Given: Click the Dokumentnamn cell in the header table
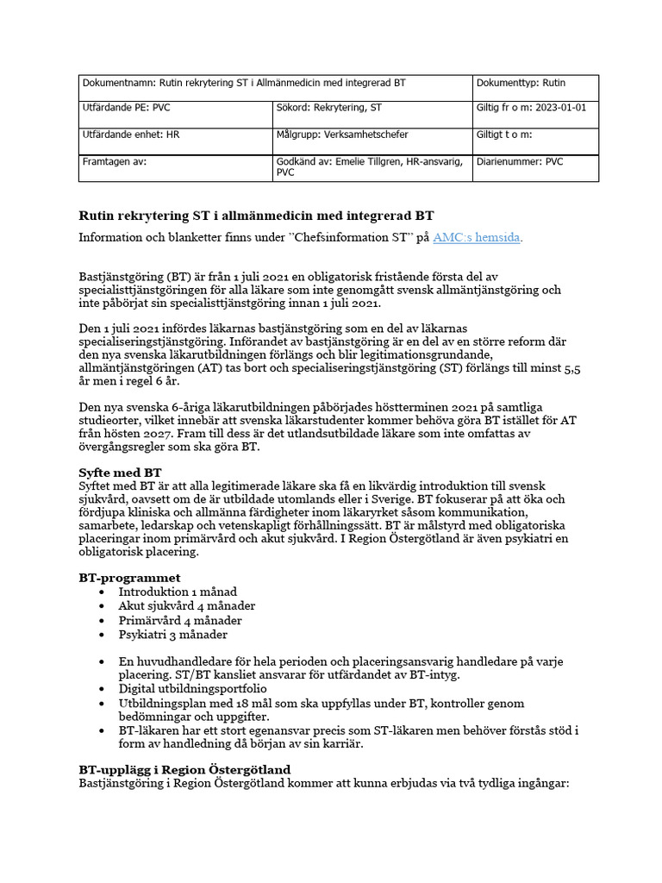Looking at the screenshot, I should [x=243, y=83].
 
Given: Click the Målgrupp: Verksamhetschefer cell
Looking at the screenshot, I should [x=342, y=135].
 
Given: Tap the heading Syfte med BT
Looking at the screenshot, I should [x=120, y=473].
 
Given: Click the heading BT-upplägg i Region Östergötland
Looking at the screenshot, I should [x=184, y=768].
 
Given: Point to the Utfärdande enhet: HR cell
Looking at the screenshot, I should [x=131, y=135].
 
